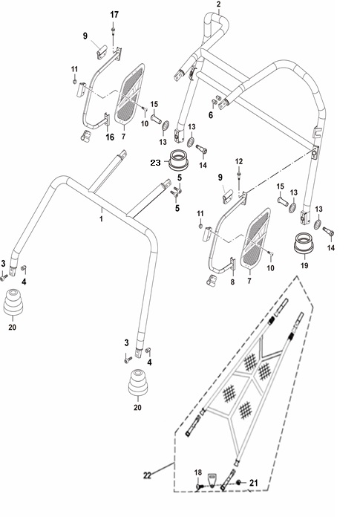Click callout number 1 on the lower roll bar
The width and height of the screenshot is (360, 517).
pos(102,218)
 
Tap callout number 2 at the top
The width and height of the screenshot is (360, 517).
pos(219,4)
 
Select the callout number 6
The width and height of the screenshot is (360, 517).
pos(211,115)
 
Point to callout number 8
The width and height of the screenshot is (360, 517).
pos(232,282)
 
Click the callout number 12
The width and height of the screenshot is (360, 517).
pos(239,161)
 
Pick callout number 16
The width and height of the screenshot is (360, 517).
pos(110,137)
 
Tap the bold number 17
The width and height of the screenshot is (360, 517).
pos(114,15)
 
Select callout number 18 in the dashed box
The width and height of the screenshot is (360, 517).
pos(197,472)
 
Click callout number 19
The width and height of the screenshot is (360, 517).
pos(304,265)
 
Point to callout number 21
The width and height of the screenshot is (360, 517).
pos(253,483)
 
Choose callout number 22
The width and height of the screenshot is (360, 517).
pos(147,475)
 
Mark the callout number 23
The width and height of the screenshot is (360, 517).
pos(155,162)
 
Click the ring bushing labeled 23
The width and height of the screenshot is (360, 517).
pos(178,160)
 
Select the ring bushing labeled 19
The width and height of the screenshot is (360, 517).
pos(304,243)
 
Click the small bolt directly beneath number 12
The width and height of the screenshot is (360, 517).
pos(239,174)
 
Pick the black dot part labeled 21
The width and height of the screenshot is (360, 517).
pos(239,483)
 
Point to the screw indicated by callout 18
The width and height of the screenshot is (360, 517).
pos(198,487)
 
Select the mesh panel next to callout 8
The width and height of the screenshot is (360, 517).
pos(255,238)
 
